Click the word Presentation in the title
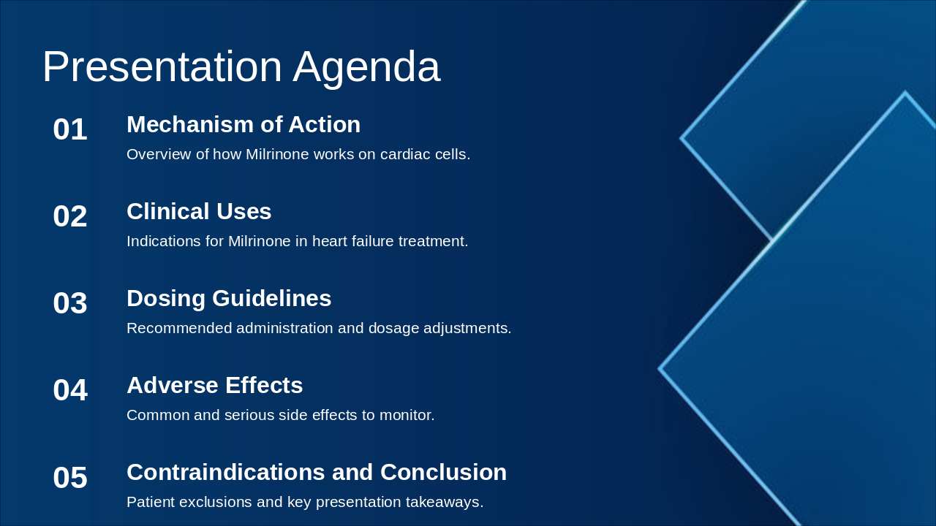click(x=162, y=67)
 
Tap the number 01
click(x=70, y=130)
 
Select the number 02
click(x=70, y=217)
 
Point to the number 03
click(x=70, y=304)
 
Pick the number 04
click(x=70, y=391)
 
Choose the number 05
click(x=70, y=479)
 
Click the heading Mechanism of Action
click(x=244, y=125)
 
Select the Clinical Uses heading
click(x=199, y=212)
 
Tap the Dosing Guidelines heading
click(x=229, y=299)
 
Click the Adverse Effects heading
click(x=214, y=386)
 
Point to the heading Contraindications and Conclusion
click(x=317, y=473)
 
